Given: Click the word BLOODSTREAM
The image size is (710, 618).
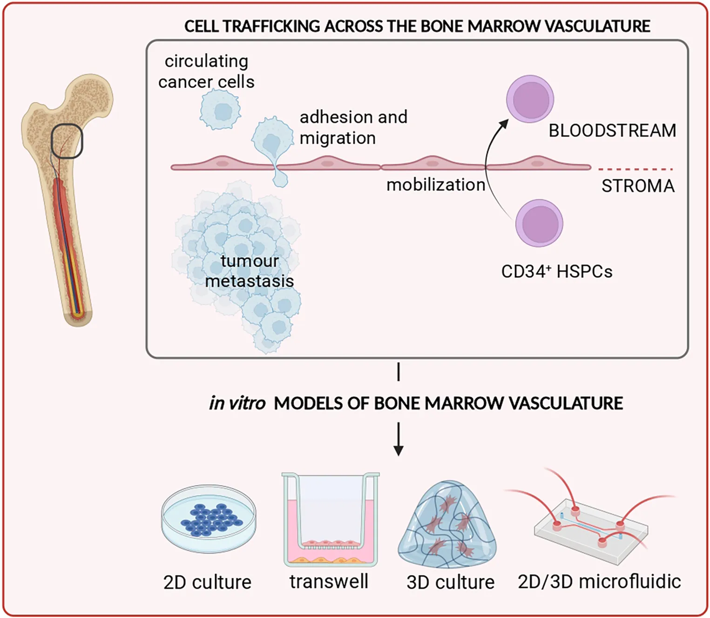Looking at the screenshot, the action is point(612,130).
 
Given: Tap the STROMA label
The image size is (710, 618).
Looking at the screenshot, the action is point(638,186).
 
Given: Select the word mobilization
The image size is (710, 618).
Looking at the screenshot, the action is point(436,185).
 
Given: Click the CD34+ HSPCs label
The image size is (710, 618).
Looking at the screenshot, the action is point(557,271).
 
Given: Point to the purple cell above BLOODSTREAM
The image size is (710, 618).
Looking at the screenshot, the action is point(530,99).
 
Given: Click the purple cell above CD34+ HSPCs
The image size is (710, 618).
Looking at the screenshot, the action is point(539,223).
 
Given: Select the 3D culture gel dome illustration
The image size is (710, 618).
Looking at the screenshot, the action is point(447,524).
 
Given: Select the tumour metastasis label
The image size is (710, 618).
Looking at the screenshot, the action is point(250,271).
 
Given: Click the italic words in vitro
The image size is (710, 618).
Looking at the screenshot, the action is point(237,403).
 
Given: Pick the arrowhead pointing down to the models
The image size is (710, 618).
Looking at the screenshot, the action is point(399,451).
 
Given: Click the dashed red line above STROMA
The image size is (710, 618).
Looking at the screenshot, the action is point(636,169).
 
